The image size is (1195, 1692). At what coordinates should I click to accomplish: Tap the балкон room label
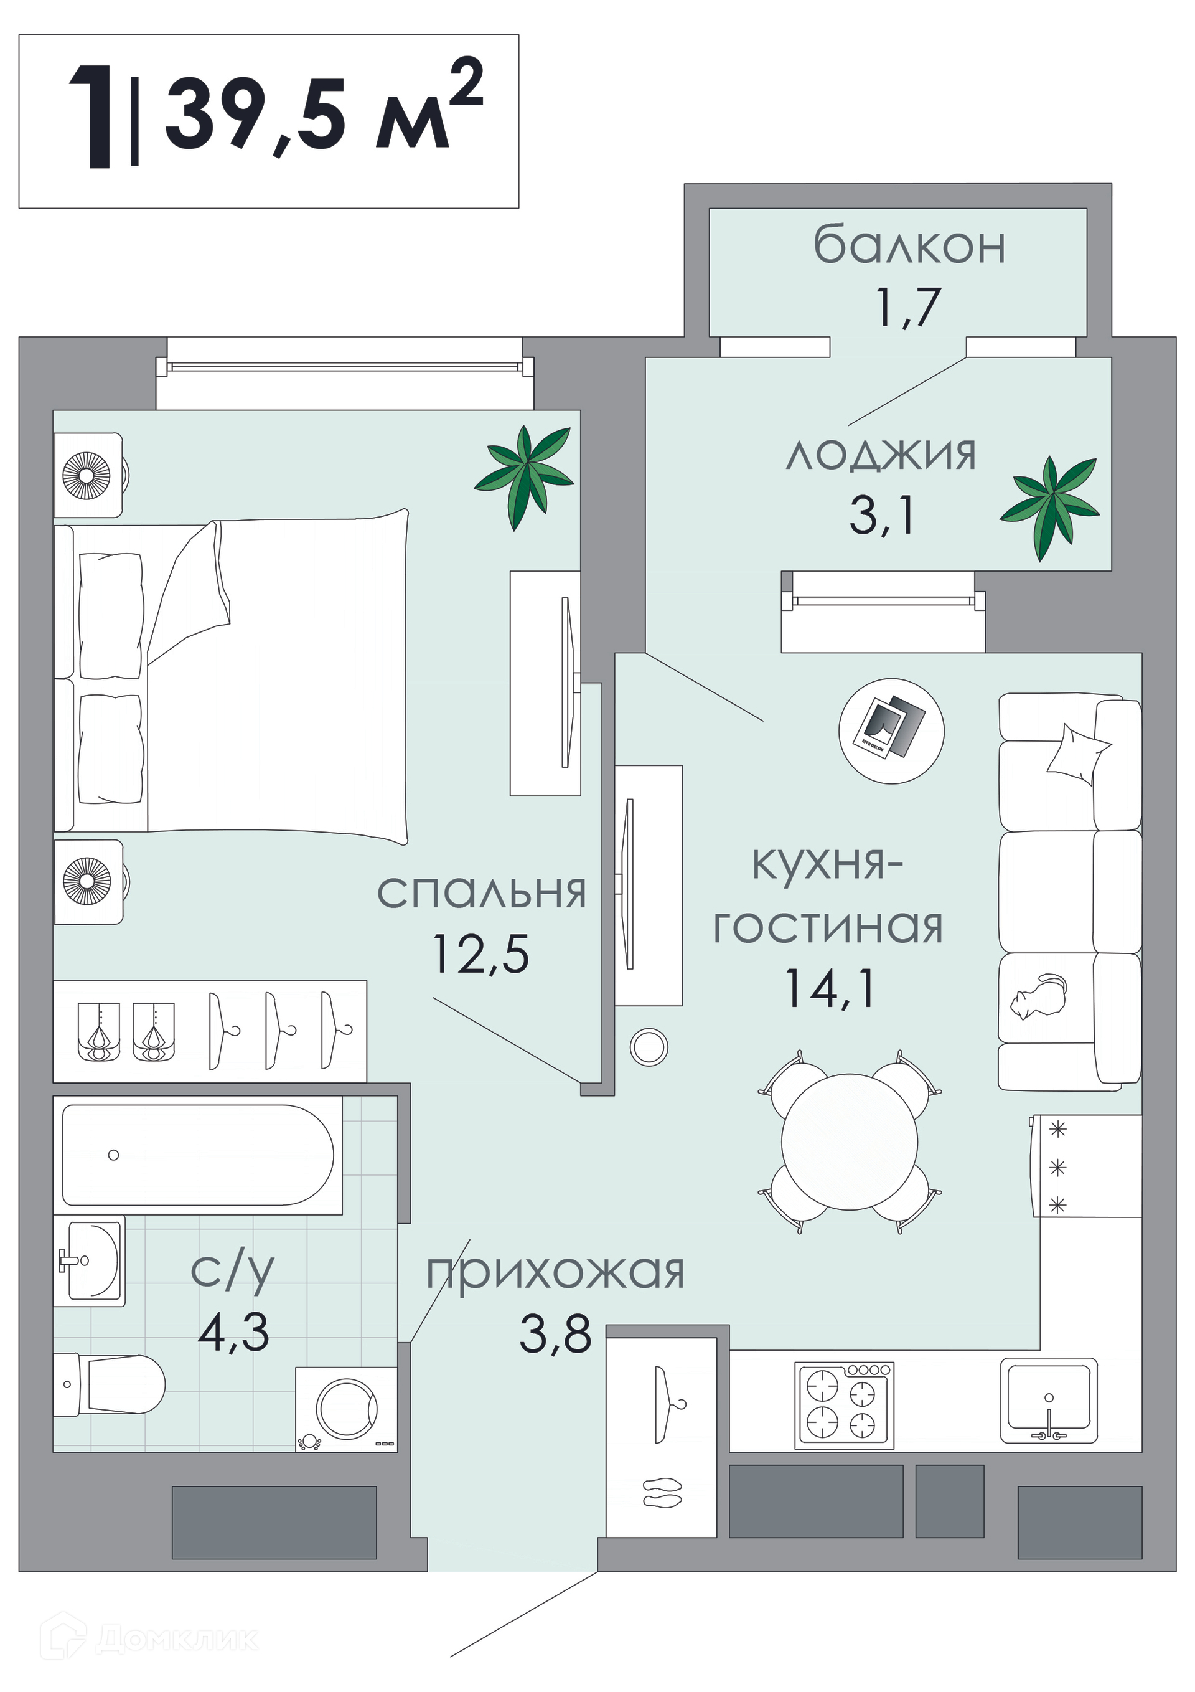[x=909, y=245]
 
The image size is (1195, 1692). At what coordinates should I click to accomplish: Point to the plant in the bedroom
[x=524, y=478]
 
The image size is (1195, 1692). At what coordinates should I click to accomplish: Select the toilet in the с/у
[x=109, y=1384]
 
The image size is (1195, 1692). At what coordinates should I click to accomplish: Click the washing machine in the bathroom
[x=346, y=1409]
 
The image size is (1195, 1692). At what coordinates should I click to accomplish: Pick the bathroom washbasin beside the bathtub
[x=90, y=1261]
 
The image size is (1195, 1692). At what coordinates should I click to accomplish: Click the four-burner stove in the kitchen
[x=845, y=1406]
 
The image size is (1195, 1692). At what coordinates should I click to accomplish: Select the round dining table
[x=850, y=1141]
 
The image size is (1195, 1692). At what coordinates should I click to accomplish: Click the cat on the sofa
[x=1038, y=996]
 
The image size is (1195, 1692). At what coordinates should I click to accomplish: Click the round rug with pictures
[x=891, y=731]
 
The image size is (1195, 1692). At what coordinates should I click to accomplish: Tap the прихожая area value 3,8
[x=556, y=1334]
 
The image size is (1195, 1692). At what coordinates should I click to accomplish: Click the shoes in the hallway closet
[x=662, y=1491]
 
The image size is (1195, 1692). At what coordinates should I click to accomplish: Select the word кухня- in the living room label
[x=827, y=864]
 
